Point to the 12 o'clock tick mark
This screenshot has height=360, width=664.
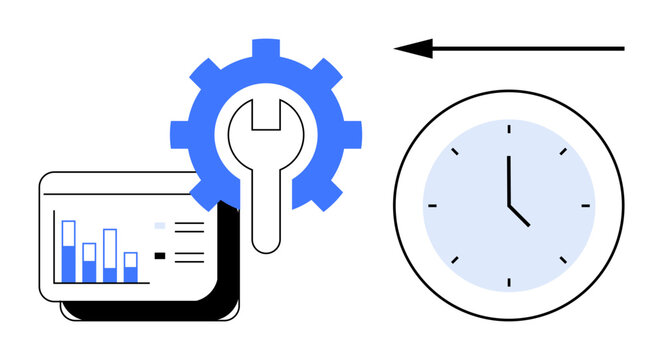(508, 127)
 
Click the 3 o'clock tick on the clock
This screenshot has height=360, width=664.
(587, 206)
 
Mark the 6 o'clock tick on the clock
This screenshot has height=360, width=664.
(508, 284)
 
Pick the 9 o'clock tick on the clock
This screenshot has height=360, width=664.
(431, 206)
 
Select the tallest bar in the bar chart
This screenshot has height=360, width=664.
(68, 251)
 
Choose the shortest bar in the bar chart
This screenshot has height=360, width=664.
(130, 267)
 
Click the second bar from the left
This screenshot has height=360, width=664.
(89, 262)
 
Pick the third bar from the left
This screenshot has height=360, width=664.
(110, 255)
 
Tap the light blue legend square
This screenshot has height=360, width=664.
(160, 227)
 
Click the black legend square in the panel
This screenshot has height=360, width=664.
(160, 256)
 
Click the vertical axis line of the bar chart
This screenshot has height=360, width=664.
(54, 246)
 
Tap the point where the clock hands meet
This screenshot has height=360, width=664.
(508, 205)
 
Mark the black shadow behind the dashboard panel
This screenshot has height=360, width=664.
(226, 300)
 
